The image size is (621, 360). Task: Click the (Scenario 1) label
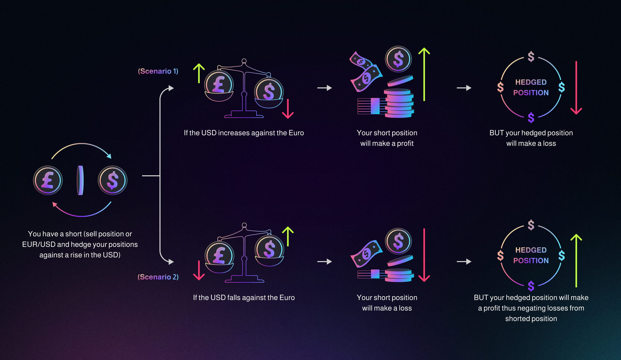[158, 71]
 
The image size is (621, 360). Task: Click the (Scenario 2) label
[158, 277]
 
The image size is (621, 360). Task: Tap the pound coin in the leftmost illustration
[48, 181]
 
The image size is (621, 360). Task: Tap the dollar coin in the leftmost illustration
[113, 181]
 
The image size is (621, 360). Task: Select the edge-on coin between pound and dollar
[80, 181]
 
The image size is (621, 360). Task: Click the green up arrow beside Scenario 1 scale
[199, 73]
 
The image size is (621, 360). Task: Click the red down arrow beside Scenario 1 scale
[288, 109]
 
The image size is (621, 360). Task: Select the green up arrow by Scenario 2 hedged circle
[576, 261]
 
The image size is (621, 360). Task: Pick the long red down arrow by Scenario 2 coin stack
[424, 255]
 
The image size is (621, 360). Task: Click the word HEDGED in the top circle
[531, 82]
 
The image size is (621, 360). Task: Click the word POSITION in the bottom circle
[531, 261]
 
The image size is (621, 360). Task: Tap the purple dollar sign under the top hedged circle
[531, 118]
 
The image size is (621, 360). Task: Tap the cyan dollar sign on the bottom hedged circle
[562, 256]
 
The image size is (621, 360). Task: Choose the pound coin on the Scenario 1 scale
[219, 85]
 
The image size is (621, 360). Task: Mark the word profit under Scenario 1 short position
[405, 144]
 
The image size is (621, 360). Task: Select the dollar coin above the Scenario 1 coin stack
[398, 59]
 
